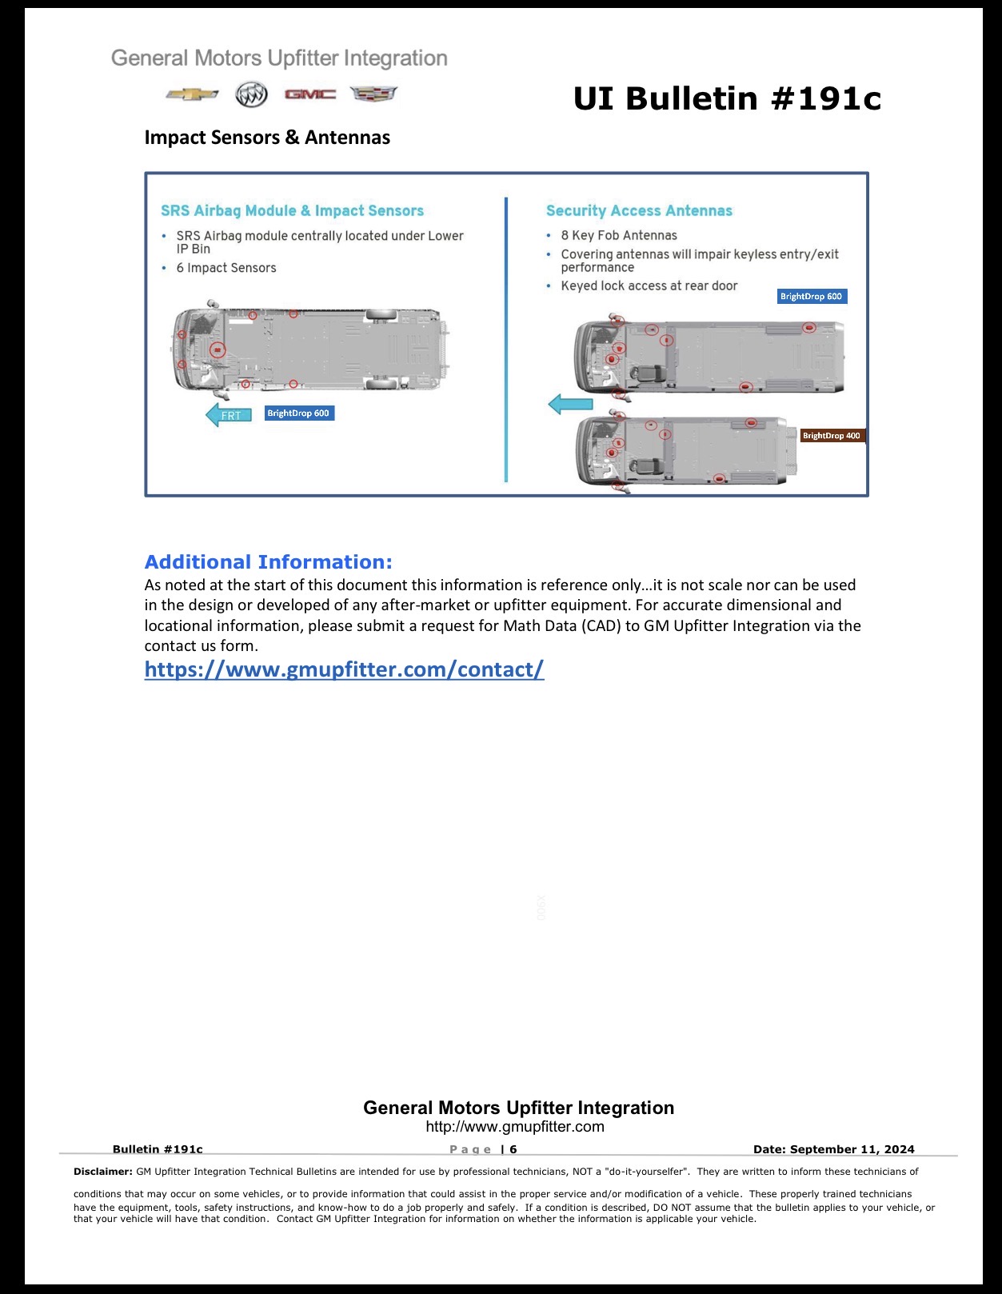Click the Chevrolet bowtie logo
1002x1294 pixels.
[192, 94]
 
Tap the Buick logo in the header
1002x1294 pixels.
[251, 94]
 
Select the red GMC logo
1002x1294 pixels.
[309, 94]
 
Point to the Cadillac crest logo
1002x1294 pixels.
[373, 94]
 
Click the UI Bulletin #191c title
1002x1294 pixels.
[727, 98]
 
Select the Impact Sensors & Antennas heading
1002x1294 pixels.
[267, 138]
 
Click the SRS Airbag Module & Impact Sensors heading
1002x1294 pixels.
[293, 211]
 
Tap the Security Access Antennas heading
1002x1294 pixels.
[639, 211]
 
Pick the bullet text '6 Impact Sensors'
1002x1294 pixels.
[226, 268]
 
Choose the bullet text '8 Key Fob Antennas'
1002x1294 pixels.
[619, 235]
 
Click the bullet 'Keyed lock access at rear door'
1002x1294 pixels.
[649, 286]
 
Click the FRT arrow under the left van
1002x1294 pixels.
[228, 414]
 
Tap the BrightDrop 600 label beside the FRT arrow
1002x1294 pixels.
[299, 413]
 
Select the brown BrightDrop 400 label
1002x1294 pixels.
[832, 436]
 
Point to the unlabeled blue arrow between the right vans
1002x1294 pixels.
[570, 404]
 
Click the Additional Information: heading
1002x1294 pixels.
[269, 561]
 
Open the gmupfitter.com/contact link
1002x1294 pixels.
[344, 669]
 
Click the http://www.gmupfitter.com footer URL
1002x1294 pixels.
[515, 1127]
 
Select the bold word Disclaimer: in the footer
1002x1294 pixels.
[103, 1172]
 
